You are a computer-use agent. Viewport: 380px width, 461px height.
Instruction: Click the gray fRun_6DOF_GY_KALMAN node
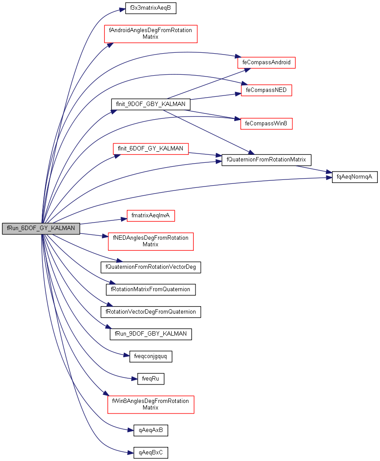click(x=41, y=228)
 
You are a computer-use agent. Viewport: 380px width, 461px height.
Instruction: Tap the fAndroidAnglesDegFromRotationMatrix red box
click(x=150, y=34)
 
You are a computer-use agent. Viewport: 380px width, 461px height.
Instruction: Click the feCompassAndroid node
click(x=266, y=62)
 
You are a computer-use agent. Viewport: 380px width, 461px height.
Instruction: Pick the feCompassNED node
click(x=266, y=90)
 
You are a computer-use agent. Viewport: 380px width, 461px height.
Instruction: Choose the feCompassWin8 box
click(x=266, y=124)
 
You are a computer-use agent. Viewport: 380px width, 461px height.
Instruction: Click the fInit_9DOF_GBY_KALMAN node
click(x=151, y=104)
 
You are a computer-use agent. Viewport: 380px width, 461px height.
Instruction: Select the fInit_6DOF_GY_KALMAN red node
click(x=151, y=149)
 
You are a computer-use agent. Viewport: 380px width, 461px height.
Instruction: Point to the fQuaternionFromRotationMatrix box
click(x=266, y=159)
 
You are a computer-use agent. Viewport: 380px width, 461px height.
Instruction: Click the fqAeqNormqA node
click(x=354, y=177)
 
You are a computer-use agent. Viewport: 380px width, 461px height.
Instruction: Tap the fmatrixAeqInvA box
click(x=151, y=216)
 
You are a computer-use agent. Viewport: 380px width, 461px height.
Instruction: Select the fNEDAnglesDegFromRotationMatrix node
click(x=151, y=241)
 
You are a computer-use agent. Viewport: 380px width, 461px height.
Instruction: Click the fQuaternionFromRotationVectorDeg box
click(x=151, y=267)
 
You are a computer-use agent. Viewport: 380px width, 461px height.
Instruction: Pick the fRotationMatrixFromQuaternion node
click(x=151, y=289)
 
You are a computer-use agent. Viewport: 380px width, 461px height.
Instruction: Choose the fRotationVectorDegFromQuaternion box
click(x=151, y=312)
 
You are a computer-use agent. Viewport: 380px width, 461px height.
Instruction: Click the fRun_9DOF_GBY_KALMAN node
click(x=151, y=334)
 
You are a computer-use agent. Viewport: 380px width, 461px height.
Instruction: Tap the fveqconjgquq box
click(x=151, y=356)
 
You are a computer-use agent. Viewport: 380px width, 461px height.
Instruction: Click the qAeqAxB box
click(x=151, y=430)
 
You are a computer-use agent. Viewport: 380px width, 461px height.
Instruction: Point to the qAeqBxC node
click(x=151, y=452)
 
